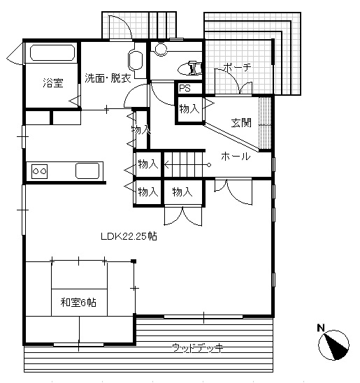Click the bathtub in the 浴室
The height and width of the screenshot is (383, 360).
coord(52,52)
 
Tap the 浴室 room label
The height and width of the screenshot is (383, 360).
coord(53,82)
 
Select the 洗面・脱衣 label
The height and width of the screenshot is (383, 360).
coord(108,78)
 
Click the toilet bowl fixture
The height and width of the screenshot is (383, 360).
coord(189,68)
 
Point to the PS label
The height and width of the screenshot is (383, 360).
coord(185,88)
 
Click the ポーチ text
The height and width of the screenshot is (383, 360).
coord(238,66)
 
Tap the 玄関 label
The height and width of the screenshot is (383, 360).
coord(241,122)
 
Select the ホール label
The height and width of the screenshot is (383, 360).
coord(236,157)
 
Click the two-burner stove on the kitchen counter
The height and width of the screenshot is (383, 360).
coord(39,171)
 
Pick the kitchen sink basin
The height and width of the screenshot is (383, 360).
coord(87,171)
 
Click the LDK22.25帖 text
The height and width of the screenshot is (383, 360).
coord(129,236)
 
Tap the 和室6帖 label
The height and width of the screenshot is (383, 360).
coord(78,303)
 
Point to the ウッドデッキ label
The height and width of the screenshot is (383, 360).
coord(198,347)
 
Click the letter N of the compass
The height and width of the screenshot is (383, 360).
coord(321,328)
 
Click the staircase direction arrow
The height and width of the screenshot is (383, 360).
coord(187,165)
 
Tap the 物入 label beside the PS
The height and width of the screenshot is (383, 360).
coord(189,108)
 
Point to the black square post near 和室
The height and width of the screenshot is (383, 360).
coord(134,261)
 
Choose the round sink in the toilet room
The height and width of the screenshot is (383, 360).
coord(161,50)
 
